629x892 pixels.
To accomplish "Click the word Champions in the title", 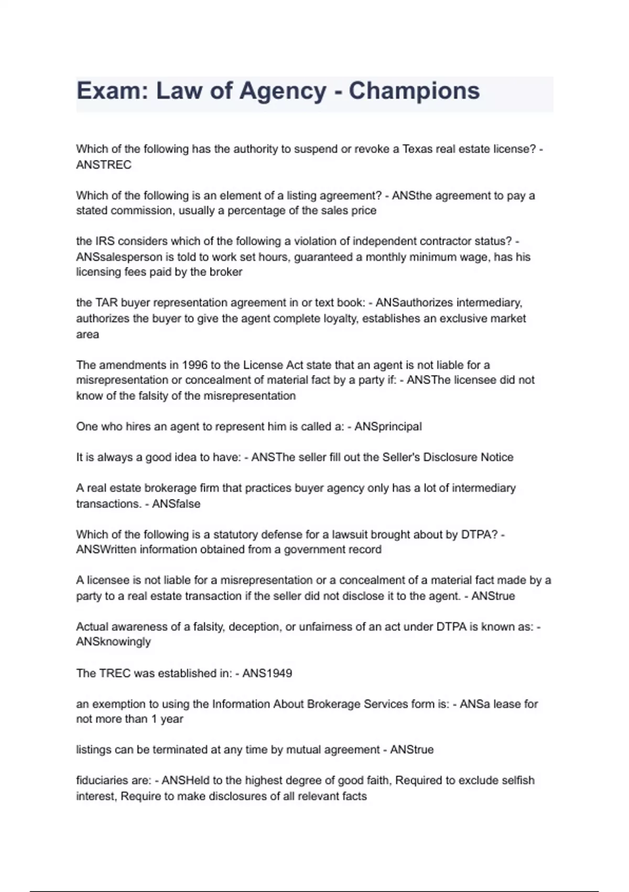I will coord(414,91).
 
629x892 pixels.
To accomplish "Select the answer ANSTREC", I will coord(104,165).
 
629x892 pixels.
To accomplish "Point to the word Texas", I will coord(417,149).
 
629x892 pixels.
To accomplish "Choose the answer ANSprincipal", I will coord(388,427).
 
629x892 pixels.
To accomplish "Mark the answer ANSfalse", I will coord(176,504).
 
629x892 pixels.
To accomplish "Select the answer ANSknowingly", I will coord(113,642).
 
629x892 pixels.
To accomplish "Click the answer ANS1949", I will coord(267,673).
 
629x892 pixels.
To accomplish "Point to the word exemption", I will coord(117,704).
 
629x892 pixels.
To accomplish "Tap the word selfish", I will coord(516,781).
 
